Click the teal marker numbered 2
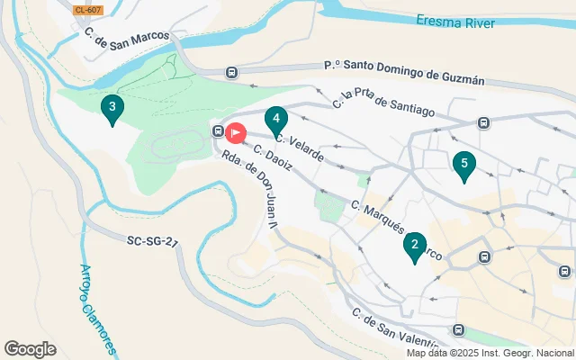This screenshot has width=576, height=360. [414, 246]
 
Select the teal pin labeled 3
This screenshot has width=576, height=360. [112, 108]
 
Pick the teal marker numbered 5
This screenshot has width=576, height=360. [463, 165]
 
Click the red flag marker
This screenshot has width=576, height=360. [235, 133]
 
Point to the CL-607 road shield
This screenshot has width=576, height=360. [88, 10]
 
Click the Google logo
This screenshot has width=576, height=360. [31, 349]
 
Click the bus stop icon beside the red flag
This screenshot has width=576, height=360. [218, 131]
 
